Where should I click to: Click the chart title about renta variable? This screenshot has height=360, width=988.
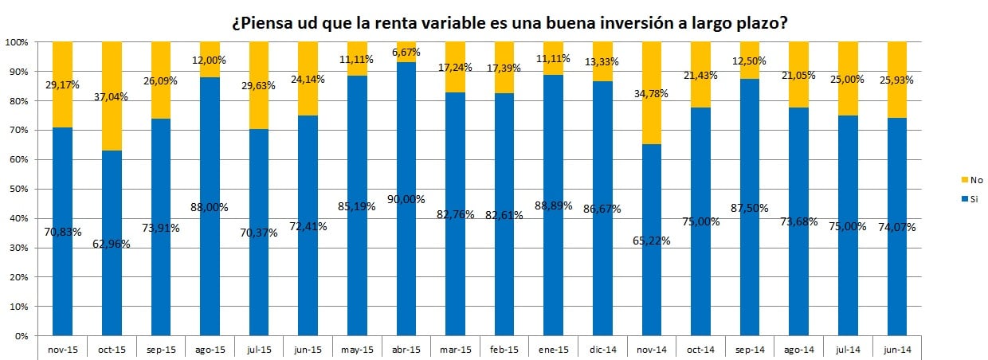click(510, 23)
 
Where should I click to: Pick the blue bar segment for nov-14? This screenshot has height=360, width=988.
click(653, 279)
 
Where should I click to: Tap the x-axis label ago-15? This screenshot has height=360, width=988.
click(210, 349)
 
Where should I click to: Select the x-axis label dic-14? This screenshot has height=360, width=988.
click(603, 349)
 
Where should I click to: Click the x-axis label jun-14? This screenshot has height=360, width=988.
click(898, 349)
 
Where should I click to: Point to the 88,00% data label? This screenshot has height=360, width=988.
click(210, 207)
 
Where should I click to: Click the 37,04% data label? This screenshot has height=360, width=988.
click(112, 96)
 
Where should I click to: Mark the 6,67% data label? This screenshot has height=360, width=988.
click(406, 51)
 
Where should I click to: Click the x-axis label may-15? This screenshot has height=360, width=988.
click(357, 349)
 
